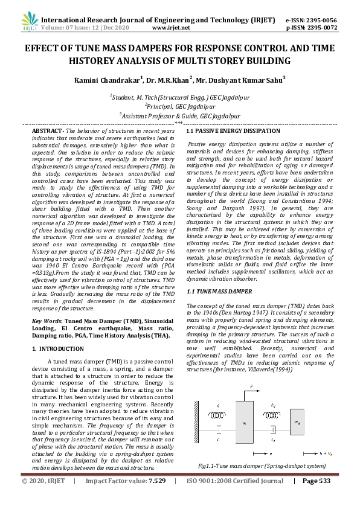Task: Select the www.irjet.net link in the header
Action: (172, 27)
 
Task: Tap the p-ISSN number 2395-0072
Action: (321, 27)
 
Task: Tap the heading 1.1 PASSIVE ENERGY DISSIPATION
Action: (233, 131)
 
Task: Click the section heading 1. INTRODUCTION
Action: (57, 349)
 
